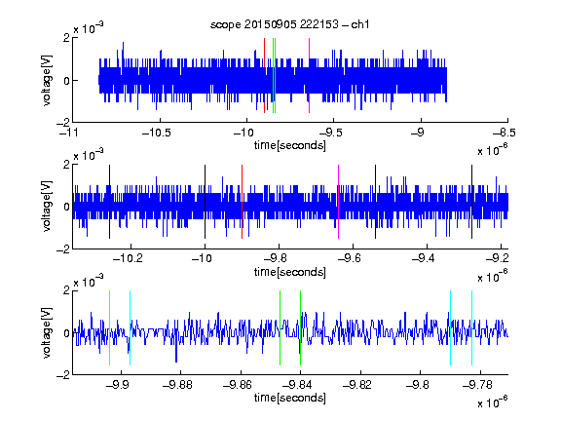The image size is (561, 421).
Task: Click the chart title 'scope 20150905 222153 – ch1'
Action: click(289, 24)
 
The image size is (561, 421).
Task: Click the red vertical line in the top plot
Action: click(264, 76)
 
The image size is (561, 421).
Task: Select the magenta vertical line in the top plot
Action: click(309, 76)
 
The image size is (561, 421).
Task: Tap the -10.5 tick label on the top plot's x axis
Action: click(157, 133)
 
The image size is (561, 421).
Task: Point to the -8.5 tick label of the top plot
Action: click(504, 133)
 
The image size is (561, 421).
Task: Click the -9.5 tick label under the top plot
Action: click(330, 133)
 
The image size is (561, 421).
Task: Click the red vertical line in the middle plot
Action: click(243, 202)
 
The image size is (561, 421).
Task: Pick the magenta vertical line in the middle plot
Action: click(339, 202)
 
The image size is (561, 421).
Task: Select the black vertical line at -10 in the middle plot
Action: click(205, 202)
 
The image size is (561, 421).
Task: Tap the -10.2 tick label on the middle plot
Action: click(128, 258)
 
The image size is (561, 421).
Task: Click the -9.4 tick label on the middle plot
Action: click(424, 258)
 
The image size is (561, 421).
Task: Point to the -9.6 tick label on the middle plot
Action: click(350, 258)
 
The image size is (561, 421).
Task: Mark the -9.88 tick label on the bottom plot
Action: click(177, 385)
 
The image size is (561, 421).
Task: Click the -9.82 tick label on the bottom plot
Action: click(357, 385)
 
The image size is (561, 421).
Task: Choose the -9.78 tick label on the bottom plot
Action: click(477, 385)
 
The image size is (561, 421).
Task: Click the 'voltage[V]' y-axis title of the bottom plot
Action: click(47, 333)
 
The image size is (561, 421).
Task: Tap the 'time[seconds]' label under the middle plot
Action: click(290, 273)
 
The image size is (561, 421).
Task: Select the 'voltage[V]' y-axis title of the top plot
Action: click(47, 80)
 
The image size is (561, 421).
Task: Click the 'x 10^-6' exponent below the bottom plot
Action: click(493, 402)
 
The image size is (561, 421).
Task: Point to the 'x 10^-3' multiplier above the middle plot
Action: click(89, 155)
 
